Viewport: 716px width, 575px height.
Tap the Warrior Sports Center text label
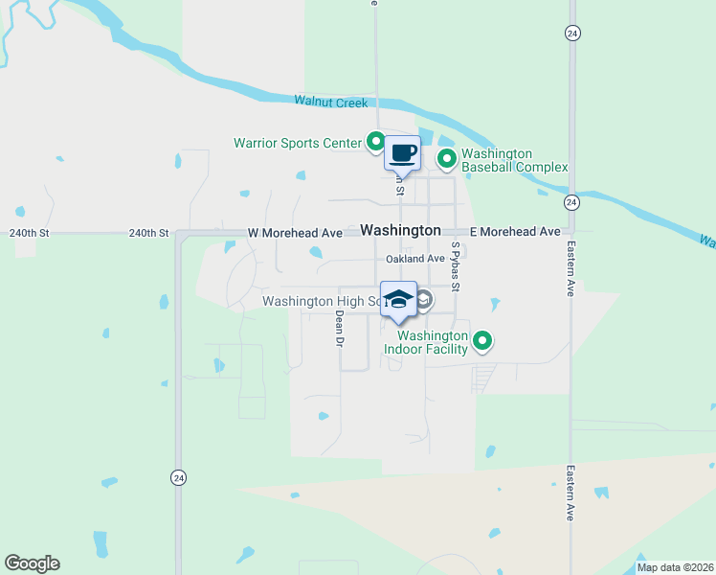(x=298, y=144)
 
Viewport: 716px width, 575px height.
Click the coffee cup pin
(x=402, y=153)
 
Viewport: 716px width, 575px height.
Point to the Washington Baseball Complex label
(x=514, y=160)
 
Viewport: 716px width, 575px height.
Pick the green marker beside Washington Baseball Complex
(x=446, y=158)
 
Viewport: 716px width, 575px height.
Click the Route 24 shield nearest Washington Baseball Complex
(x=571, y=202)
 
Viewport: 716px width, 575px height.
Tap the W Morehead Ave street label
(x=294, y=233)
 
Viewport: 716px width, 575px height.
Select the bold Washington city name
(x=401, y=231)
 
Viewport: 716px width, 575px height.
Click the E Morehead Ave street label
(x=514, y=232)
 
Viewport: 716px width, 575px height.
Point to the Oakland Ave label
(x=415, y=259)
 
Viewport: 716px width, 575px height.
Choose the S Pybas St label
(x=457, y=267)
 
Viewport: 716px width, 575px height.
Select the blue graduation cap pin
(x=398, y=298)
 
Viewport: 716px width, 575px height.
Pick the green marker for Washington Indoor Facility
(x=483, y=340)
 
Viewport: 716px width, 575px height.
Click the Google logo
(x=32, y=563)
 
